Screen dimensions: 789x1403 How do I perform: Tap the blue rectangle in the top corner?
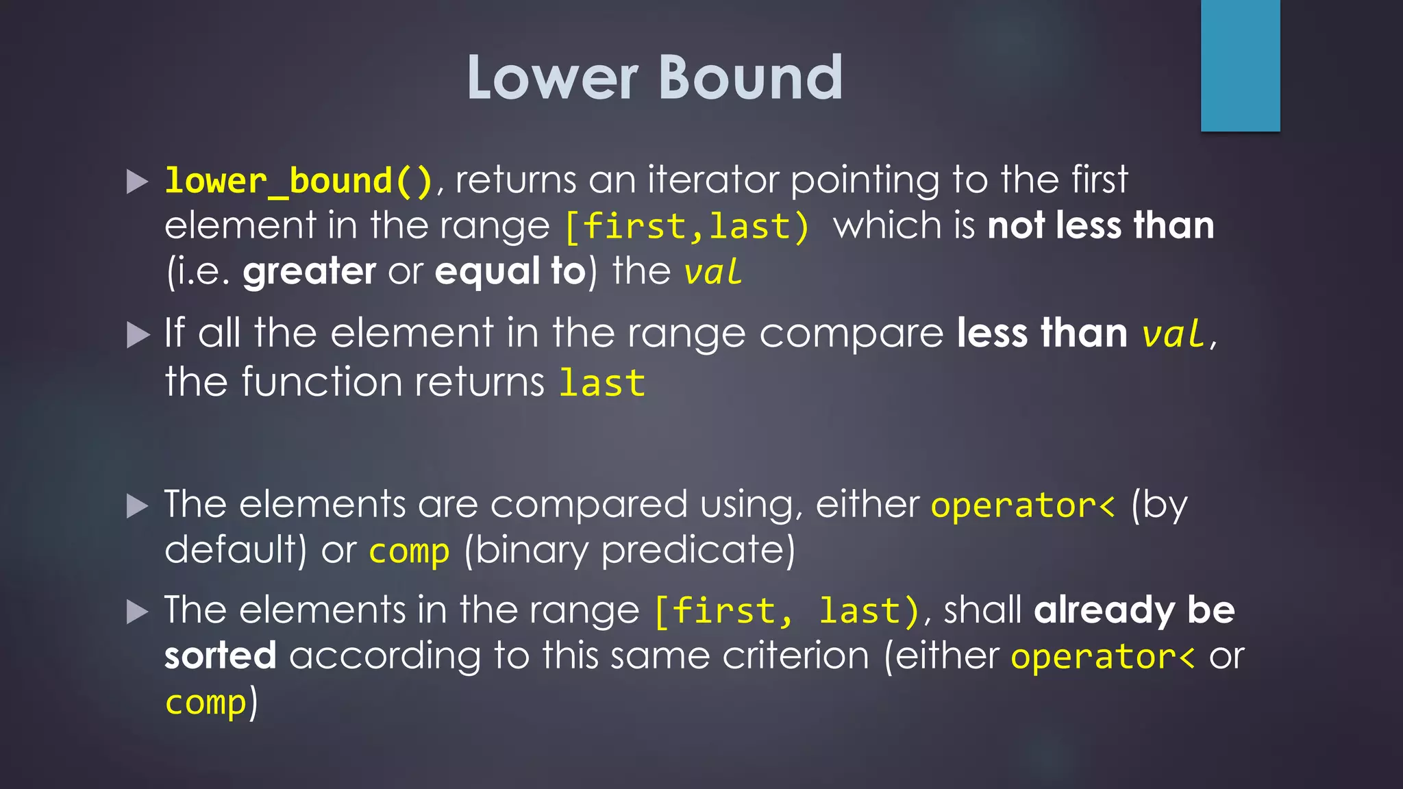click(x=1240, y=65)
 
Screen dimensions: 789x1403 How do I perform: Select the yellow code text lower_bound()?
click(x=299, y=181)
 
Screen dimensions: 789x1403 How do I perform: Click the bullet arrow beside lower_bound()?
click(x=138, y=182)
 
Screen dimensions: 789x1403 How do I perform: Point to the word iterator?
click(x=713, y=180)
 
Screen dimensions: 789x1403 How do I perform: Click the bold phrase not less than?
click(x=1100, y=225)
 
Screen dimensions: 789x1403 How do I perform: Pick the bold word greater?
click(x=309, y=271)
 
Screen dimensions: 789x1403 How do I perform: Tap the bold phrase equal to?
click(x=510, y=271)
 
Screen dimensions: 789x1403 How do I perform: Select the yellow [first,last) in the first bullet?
click(x=686, y=226)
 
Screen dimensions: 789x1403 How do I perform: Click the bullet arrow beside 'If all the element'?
click(x=138, y=335)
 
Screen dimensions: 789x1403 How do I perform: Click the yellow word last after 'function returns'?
click(x=601, y=382)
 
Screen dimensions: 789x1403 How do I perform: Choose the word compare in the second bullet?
click(x=852, y=334)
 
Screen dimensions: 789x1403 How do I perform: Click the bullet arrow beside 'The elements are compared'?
click(x=138, y=506)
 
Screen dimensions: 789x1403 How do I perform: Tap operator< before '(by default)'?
click(x=1022, y=505)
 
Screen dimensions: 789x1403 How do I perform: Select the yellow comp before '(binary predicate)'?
click(x=409, y=551)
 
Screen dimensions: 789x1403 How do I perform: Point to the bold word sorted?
click(x=220, y=656)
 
